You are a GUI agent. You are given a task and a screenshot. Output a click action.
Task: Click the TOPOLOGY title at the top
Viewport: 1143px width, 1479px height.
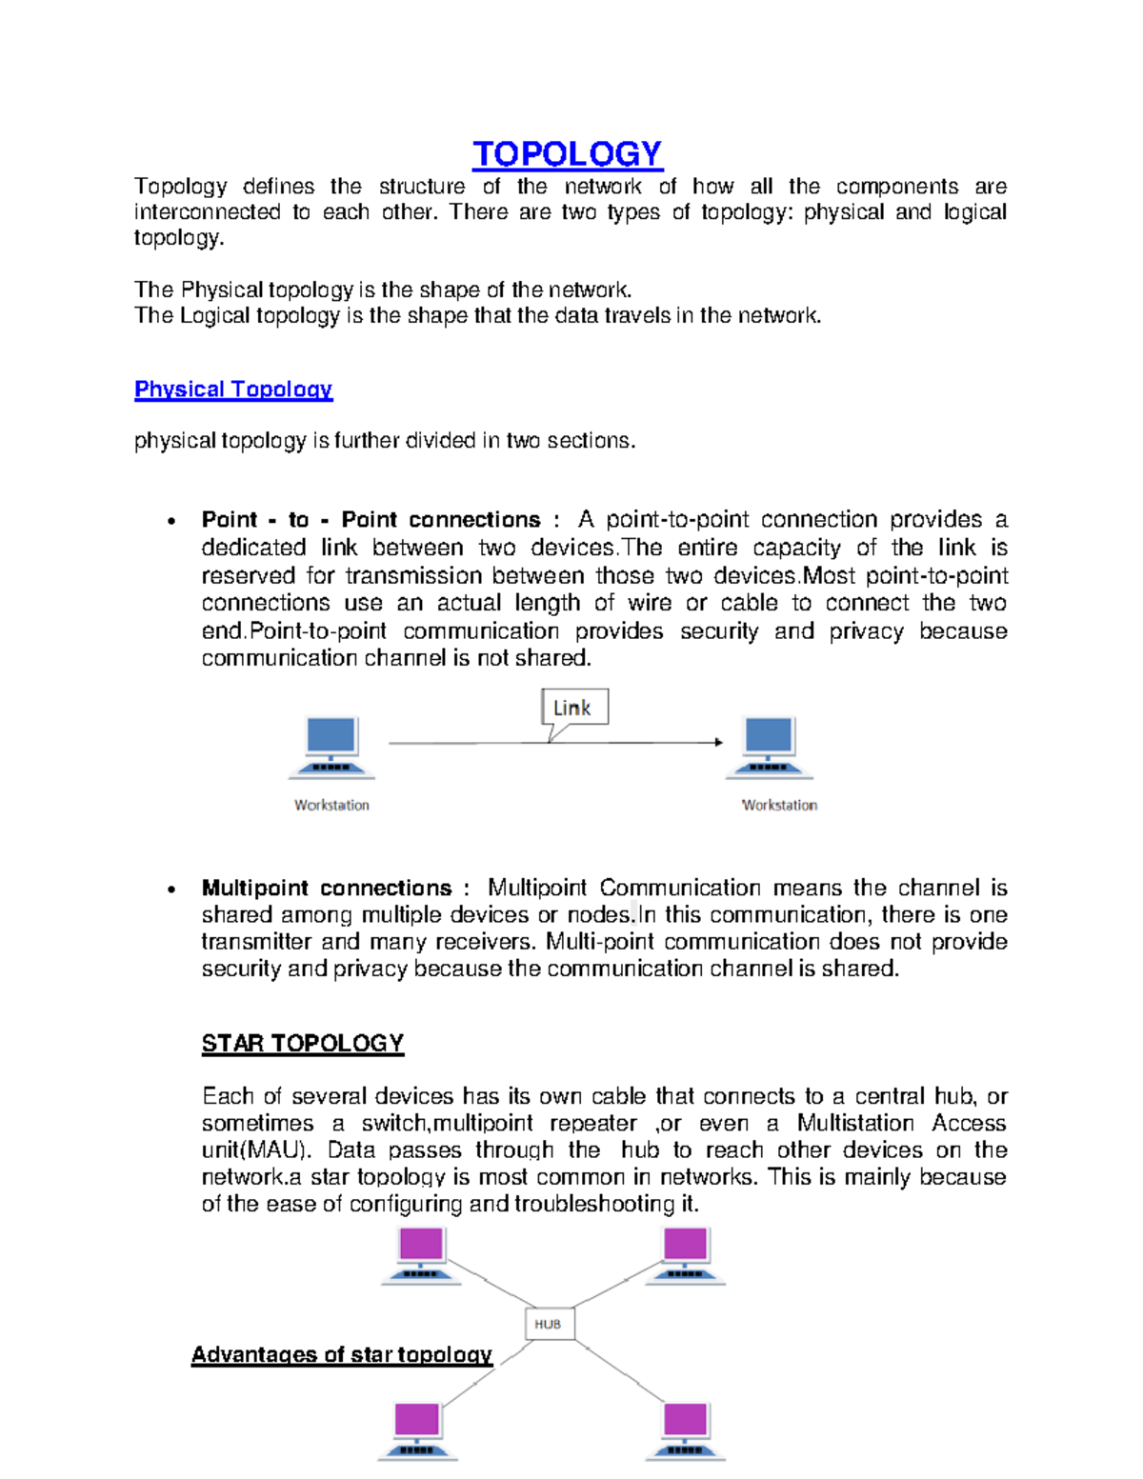567,154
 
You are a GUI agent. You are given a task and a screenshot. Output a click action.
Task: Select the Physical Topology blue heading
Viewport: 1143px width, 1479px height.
233,390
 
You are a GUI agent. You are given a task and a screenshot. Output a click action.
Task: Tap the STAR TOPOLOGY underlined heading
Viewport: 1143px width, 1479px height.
303,1044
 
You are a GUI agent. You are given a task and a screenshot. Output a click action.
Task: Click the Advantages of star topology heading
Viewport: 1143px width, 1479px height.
342,1354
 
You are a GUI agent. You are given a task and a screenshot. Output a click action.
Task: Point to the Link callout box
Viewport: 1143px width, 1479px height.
574,708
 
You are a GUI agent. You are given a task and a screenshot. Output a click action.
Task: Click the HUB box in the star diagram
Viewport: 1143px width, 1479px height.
549,1324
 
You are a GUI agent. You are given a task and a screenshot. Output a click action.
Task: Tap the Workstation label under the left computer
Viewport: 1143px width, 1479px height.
331,805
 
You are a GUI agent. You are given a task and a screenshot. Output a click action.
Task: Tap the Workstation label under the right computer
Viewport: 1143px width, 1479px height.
779,805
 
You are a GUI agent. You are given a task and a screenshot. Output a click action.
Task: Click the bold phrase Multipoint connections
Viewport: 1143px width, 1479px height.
327,888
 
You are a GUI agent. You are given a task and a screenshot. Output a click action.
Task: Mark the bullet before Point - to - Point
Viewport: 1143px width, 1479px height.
171,521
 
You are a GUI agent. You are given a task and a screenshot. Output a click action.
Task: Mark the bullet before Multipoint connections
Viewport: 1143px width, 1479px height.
171,889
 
